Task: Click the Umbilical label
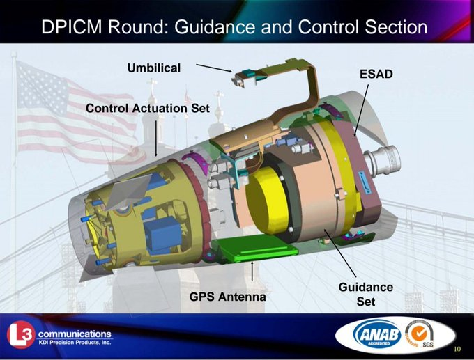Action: [153, 68]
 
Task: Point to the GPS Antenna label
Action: [227, 297]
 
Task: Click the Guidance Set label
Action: [365, 294]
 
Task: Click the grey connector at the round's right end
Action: [383, 161]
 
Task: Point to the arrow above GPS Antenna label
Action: [252, 273]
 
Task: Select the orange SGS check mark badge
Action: [420, 332]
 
